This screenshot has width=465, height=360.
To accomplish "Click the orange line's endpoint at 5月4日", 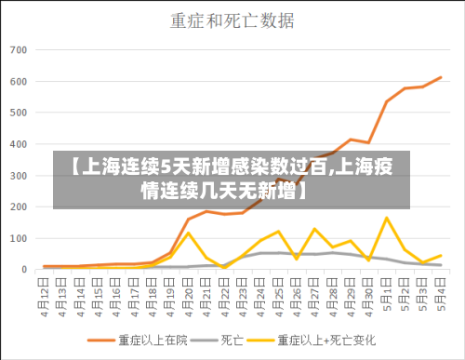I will pyautogui.click(x=440, y=77).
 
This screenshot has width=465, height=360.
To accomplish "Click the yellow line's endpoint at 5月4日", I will pyautogui.click(x=440, y=255).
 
